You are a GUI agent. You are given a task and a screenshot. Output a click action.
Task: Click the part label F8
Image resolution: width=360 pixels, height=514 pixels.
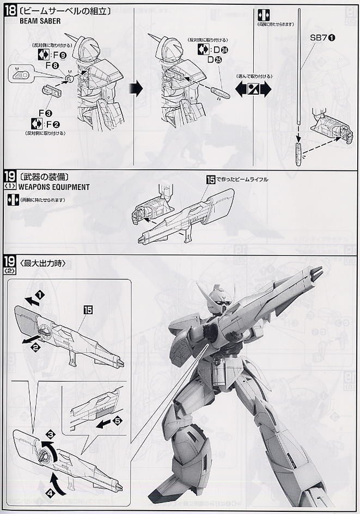[x=52, y=65]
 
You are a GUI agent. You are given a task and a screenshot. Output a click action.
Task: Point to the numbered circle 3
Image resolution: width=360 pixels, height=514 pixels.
[x=51, y=434]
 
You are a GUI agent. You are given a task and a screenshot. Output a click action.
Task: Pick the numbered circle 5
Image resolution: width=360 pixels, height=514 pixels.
[x=118, y=420]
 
